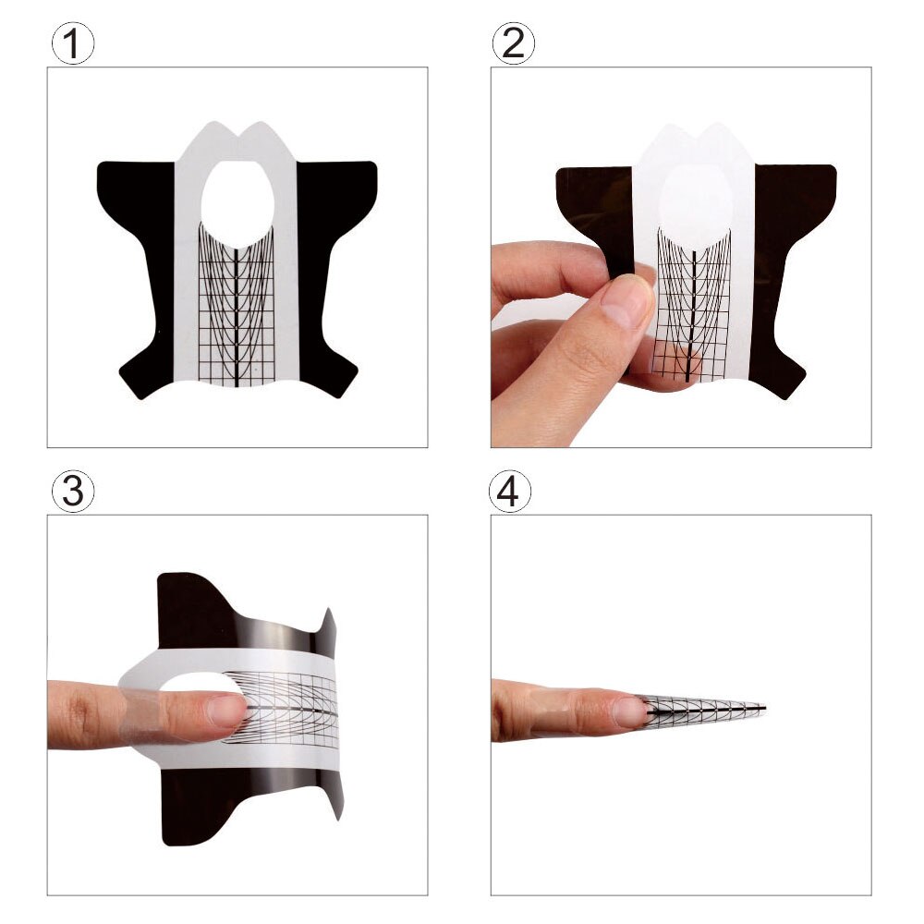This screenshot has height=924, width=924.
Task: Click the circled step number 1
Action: pyautogui.click(x=72, y=44)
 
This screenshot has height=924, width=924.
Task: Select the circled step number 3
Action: pyautogui.click(x=72, y=492)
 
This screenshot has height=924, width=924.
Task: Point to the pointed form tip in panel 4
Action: pyautogui.click(x=761, y=709)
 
